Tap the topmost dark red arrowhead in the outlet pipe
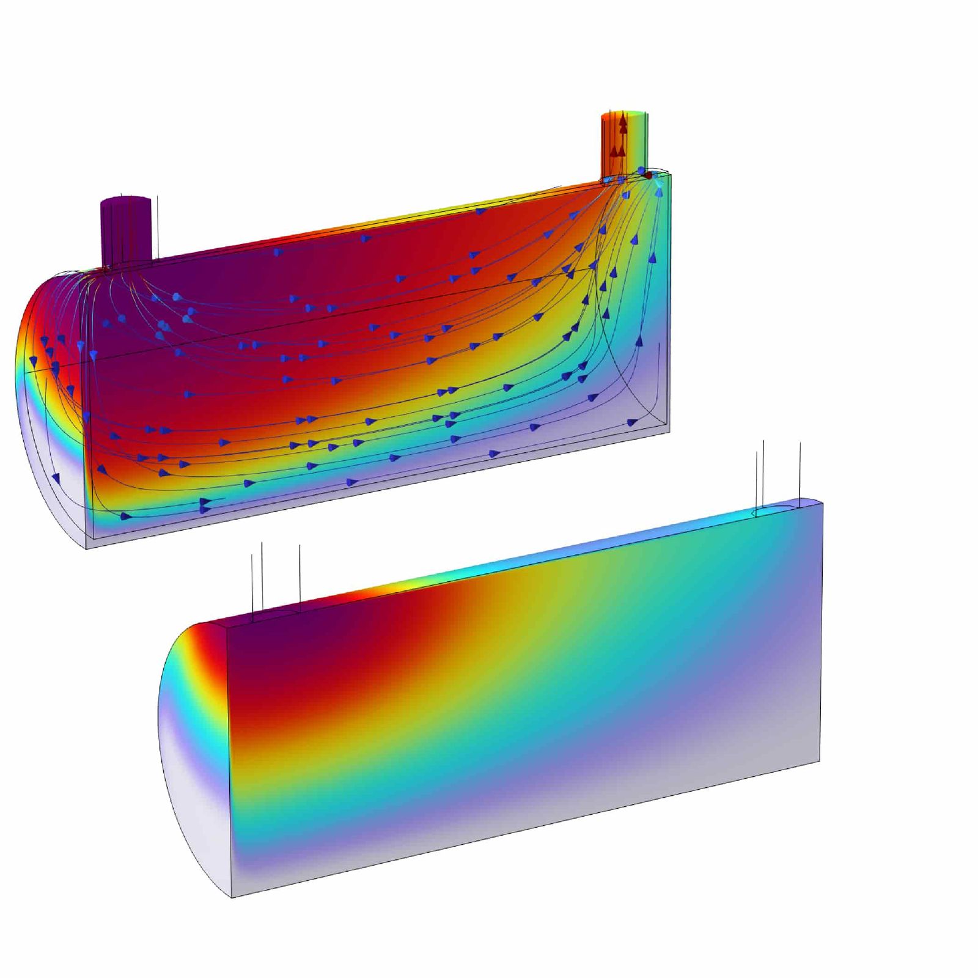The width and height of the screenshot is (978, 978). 622,120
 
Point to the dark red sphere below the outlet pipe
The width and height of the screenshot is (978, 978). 648,175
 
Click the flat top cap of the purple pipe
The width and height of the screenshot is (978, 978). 125,200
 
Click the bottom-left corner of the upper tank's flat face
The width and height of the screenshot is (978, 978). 87,548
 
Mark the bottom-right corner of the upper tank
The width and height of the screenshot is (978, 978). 669,432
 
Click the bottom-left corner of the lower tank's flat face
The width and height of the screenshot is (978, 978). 232,897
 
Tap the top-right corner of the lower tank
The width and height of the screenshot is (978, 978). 822,502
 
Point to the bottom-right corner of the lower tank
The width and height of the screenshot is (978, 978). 819,762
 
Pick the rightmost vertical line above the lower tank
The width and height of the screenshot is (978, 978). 800,471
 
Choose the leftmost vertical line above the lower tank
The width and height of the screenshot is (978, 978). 252,584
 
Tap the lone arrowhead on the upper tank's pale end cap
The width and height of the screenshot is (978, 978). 56,476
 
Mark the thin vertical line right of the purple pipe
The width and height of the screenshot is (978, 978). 158,226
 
